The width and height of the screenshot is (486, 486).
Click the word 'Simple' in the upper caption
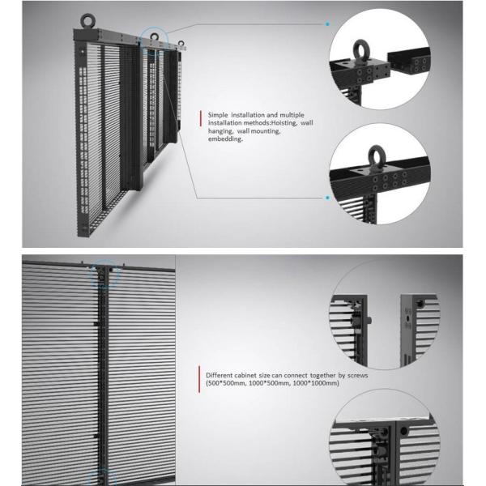[218, 115]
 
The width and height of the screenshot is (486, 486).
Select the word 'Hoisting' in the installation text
[284, 123]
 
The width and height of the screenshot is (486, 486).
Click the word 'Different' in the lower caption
[219, 375]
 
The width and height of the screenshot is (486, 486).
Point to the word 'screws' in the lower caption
[358, 375]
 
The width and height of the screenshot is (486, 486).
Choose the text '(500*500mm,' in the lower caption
[226, 383]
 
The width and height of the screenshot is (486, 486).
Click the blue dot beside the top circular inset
[327, 23]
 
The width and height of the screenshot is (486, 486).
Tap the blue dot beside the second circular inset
[327, 198]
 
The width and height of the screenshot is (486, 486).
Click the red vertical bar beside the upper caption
[201, 119]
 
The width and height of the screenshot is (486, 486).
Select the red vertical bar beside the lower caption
[199, 379]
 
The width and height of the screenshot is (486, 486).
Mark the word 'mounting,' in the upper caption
[266, 131]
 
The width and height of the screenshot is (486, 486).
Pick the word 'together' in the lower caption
[322, 375]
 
